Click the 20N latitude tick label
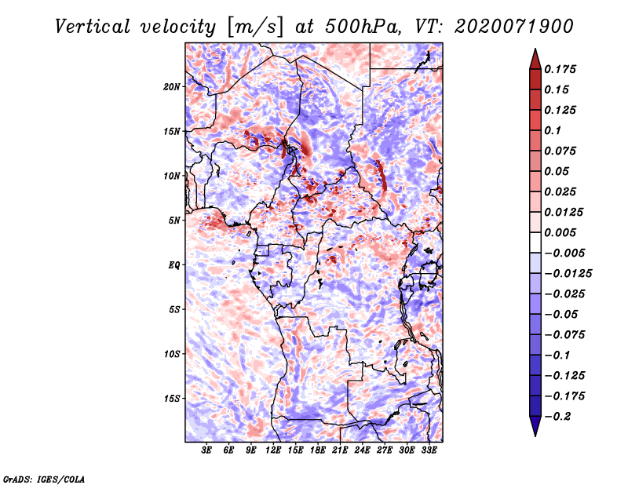tap(172, 87)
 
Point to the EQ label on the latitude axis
tap(173, 265)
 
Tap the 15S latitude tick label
tap(172, 399)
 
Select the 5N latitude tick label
tap(174, 221)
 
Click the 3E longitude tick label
tap(206, 450)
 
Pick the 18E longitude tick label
tap(318, 450)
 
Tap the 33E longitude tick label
tap(429, 450)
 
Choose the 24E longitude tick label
tap(362, 450)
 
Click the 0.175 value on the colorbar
tap(560, 69)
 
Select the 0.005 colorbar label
tap(560, 232)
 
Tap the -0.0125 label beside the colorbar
tap(568, 274)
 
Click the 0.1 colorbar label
tap(553, 130)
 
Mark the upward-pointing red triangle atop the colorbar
tap(535, 60)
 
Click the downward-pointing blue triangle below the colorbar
tap(535, 426)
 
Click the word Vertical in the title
tap(93, 27)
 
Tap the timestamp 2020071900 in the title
tap(514, 27)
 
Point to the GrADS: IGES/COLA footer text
tap(44, 480)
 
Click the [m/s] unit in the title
tap(255, 27)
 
